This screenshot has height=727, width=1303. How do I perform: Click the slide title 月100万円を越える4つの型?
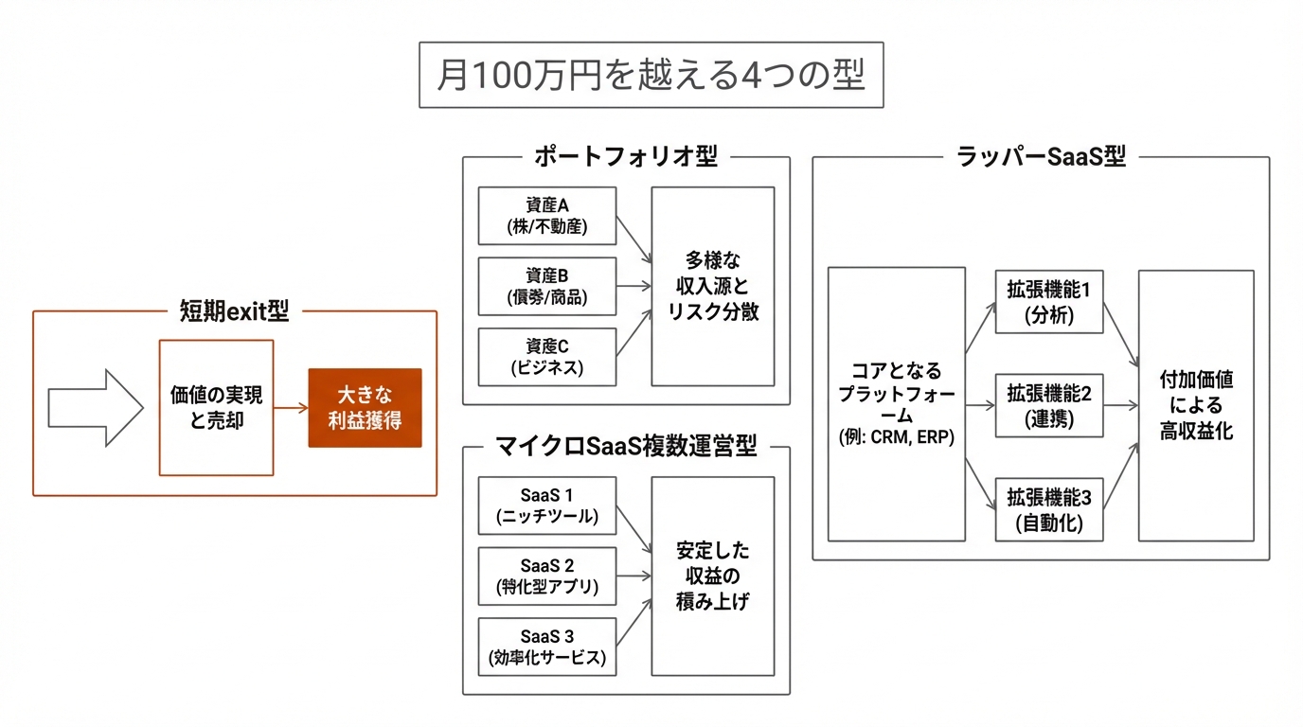pos(651,75)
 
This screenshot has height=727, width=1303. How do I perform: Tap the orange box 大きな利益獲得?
pos(365,408)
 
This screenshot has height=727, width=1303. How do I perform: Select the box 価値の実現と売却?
pos(216,408)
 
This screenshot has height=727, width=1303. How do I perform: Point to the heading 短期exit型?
pos(234,310)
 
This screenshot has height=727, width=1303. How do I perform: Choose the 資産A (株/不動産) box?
pos(546,216)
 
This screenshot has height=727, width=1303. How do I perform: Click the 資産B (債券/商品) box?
pos(546,286)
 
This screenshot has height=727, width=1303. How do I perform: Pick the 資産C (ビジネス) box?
pos(546,357)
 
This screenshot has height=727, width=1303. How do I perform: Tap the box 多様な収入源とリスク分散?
pos(712,286)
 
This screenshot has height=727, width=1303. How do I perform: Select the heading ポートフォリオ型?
pos(625,157)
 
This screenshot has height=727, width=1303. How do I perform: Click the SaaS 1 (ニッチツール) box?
pos(546,505)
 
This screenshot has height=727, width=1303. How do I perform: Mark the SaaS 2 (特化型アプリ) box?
pos(546,576)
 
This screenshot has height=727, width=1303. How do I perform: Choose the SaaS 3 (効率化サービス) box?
pos(546,647)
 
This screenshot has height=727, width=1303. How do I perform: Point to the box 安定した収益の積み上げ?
pos(712,576)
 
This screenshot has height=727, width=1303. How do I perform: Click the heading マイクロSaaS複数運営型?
pos(626,447)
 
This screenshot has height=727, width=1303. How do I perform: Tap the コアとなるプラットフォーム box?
pos(896,404)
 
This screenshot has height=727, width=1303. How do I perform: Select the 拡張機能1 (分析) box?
pos(1048,302)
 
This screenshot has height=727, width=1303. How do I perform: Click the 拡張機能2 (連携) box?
pos(1048,405)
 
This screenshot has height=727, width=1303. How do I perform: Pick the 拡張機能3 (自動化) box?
pos(1048,509)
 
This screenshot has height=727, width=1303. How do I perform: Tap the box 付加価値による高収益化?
pos(1195,405)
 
